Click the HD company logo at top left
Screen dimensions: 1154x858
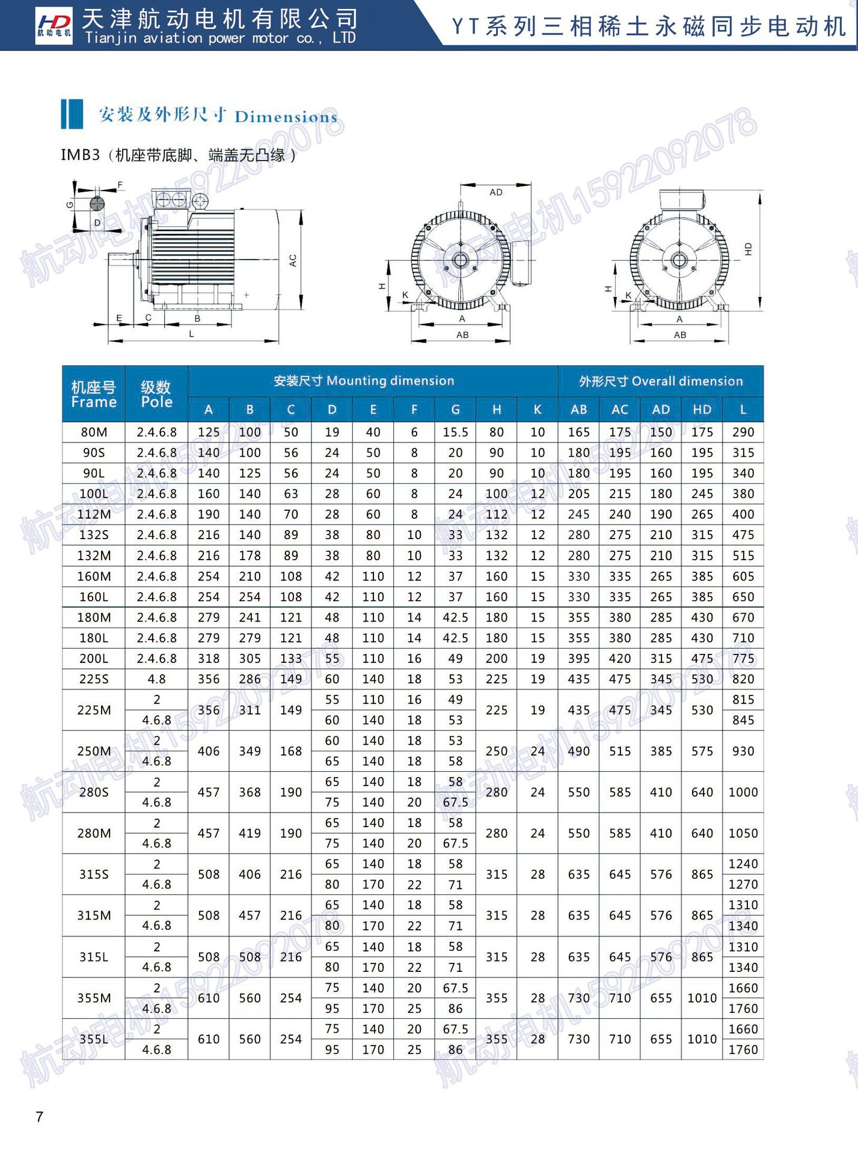(54, 25)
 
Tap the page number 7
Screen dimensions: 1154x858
(40, 1116)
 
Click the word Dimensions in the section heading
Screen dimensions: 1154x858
(286, 117)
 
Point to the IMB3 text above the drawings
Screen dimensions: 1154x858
(80, 155)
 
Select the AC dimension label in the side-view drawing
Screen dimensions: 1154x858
(293, 260)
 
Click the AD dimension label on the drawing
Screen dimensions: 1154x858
(495, 192)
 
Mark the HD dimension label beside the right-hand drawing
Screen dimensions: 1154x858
(748, 249)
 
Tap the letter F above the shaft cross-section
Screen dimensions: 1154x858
(120, 185)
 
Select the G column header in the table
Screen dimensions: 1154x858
(455, 410)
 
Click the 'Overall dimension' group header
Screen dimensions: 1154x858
(660, 381)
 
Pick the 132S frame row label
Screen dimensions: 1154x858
(94, 535)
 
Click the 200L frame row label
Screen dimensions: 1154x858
(94, 659)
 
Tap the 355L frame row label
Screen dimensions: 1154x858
(94, 1039)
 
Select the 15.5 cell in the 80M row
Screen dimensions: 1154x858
(455, 432)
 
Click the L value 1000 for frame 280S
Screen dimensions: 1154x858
(743, 792)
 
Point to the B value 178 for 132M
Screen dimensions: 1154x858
(250, 556)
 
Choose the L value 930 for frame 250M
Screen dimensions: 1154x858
(743, 751)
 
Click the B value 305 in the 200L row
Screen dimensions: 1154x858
(250, 659)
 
